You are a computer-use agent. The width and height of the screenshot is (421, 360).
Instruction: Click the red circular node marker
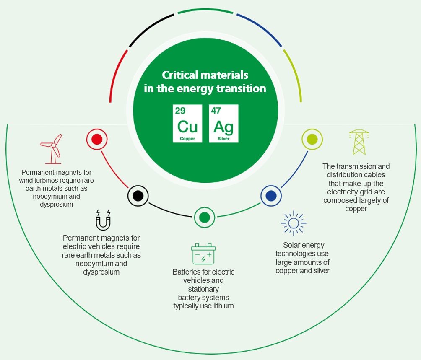(x=97, y=139)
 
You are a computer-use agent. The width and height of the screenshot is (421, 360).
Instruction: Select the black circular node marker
(x=138, y=196)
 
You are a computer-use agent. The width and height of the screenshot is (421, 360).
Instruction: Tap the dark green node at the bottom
(x=204, y=217)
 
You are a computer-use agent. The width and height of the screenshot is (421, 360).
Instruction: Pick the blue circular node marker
(x=271, y=196)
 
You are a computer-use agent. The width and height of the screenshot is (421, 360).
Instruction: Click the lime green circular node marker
(x=312, y=139)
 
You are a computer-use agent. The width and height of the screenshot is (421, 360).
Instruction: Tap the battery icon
(x=203, y=254)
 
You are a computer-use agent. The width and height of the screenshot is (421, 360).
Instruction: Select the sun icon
(x=293, y=223)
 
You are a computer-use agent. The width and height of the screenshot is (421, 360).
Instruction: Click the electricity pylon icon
(x=359, y=142)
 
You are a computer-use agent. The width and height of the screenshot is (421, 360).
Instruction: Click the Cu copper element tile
(x=187, y=124)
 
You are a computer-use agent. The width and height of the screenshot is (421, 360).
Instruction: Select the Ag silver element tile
(x=223, y=124)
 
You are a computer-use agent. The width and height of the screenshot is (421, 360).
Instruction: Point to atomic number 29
(x=180, y=111)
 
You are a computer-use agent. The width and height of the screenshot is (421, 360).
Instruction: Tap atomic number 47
(x=216, y=111)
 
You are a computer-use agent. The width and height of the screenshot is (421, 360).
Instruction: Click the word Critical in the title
(x=179, y=75)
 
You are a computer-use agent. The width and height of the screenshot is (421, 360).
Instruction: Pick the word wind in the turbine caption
(x=28, y=180)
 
